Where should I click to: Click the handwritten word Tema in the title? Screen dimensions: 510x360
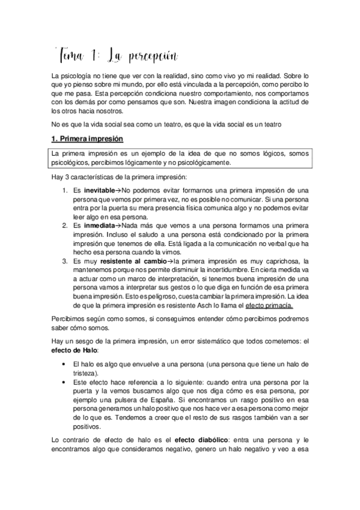(x=73, y=57)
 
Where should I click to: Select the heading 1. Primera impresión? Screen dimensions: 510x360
(x=87, y=140)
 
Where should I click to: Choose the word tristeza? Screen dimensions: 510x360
(x=85, y=373)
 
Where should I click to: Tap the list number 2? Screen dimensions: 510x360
(x=65, y=225)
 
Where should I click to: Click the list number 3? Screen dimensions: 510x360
(x=65, y=260)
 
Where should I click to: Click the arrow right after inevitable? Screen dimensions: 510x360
(x=118, y=190)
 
